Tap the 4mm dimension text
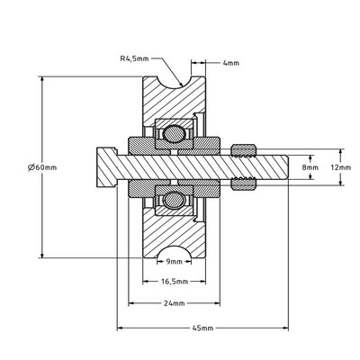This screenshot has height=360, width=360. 229,63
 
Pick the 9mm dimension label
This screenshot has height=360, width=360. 175,261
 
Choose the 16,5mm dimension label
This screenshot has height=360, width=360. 175,282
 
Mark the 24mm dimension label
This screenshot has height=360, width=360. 175,302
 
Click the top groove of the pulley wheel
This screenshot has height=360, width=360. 175,84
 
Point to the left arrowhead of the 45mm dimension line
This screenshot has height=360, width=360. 119,327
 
